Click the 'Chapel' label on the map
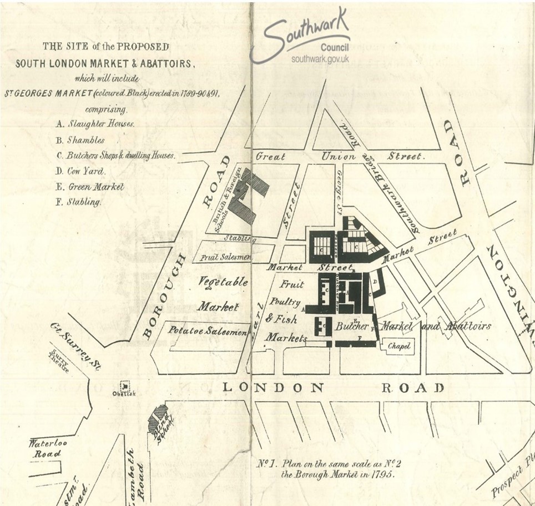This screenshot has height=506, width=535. click(399, 346)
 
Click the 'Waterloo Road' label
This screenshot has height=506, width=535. click(45, 448)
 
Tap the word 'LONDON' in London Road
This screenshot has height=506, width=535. click(272, 388)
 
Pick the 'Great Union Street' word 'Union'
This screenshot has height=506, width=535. click(339, 157)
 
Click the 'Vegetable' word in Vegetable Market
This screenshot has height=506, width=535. click(223, 282)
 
